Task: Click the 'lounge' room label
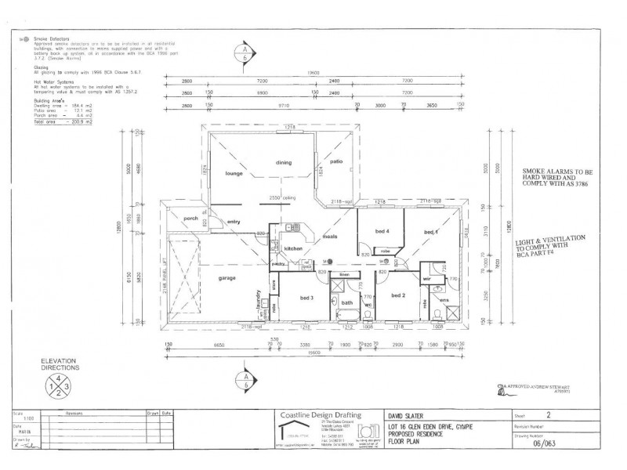[231, 172]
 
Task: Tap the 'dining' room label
[283, 162]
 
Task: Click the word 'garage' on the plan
[229, 277]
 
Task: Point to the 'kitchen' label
[293, 248]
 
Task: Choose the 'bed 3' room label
[307, 298]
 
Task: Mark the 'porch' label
[190, 219]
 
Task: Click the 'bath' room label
[347, 303]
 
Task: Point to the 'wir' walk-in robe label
[427, 277]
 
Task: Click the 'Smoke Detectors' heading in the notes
[52, 38]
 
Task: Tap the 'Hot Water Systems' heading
[53, 81]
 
